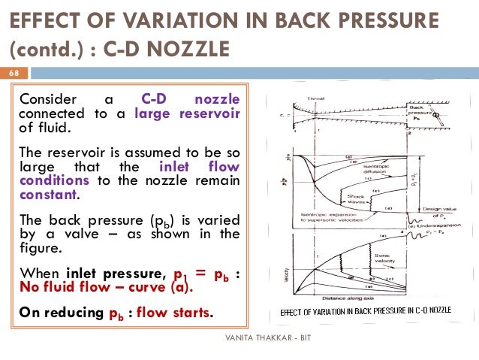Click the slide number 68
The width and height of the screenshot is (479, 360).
[x=14, y=74]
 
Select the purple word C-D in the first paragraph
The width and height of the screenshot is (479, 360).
[x=154, y=100]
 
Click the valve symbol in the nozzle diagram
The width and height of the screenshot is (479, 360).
[x=436, y=115]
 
